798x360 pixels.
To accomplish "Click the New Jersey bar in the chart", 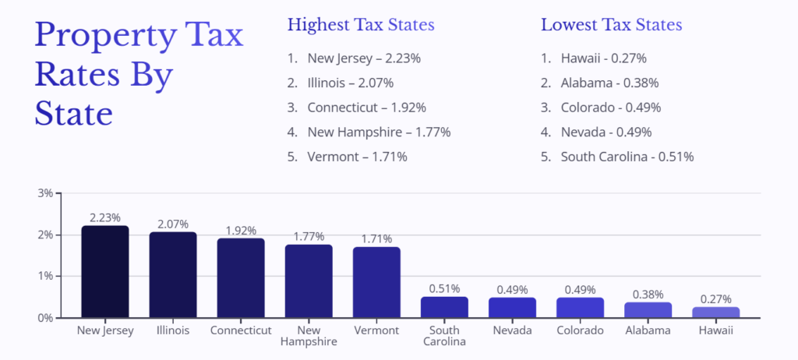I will [x=105, y=272].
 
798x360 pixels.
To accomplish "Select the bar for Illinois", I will [x=173, y=275].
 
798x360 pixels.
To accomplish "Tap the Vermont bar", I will [x=376, y=282].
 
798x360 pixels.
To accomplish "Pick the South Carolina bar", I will [x=444, y=307].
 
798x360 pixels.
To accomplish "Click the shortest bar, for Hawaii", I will [x=715, y=312].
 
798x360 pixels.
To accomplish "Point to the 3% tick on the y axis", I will [x=45, y=193].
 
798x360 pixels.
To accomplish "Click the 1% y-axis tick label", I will [x=45, y=276].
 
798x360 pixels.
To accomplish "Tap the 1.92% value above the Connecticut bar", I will [x=241, y=231].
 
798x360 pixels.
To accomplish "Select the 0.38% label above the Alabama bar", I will [x=648, y=295].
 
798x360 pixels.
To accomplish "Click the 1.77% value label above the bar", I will [x=309, y=237].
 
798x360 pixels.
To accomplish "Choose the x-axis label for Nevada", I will [x=512, y=330].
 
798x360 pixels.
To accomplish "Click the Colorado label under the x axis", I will [x=580, y=330].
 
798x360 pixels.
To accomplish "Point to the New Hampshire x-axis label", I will [x=309, y=336].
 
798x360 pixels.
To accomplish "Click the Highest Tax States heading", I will [x=361, y=25].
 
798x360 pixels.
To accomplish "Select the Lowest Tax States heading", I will [x=611, y=25].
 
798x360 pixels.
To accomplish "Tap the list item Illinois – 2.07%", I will [x=350, y=83].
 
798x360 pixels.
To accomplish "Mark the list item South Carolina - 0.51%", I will [x=627, y=157].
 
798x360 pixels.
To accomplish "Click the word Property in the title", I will [x=97, y=37].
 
